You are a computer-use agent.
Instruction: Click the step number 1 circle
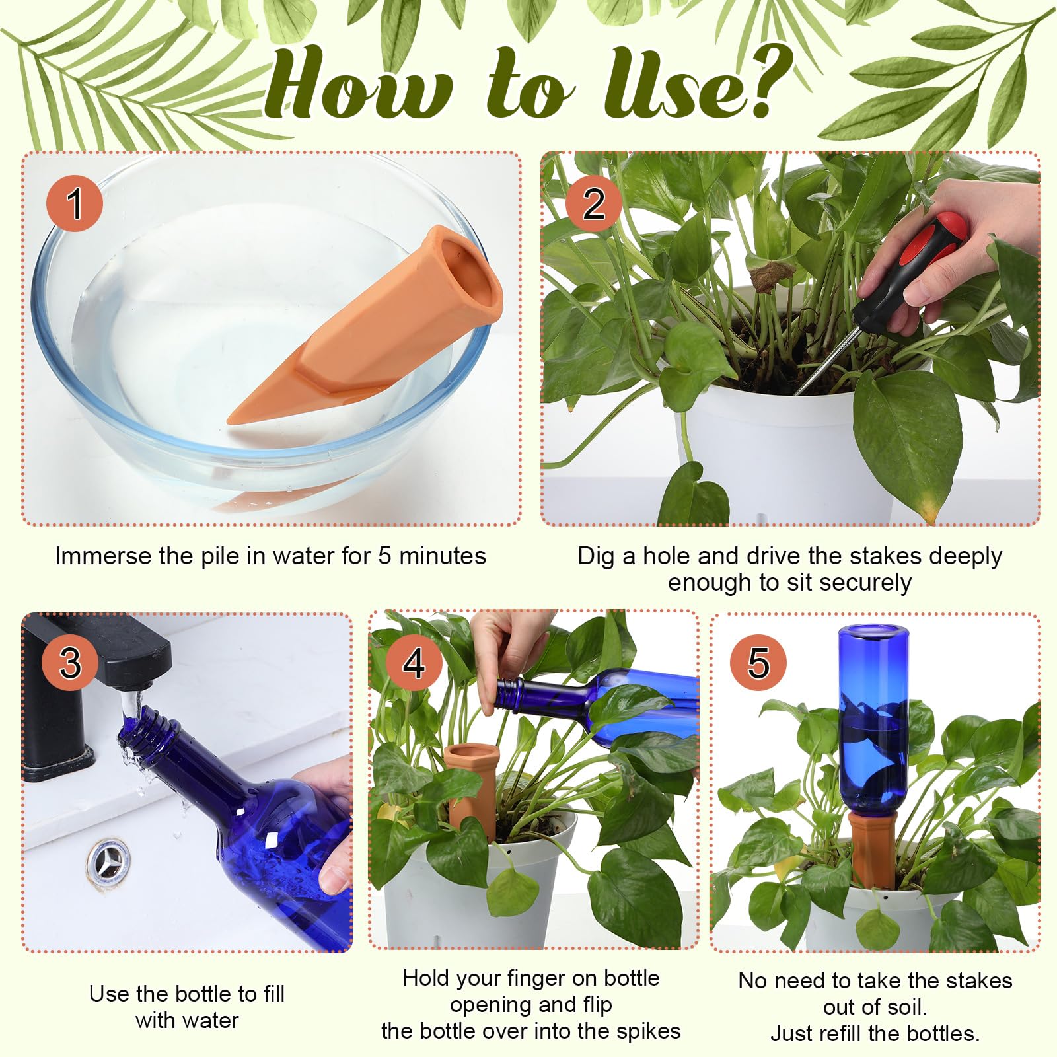click(75, 203)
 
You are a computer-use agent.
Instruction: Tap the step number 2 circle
click(593, 203)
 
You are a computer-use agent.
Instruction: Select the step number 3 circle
click(71, 663)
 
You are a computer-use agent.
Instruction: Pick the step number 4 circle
click(414, 663)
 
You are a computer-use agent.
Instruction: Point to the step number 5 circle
click(758, 663)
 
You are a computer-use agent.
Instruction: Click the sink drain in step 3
click(108, 863)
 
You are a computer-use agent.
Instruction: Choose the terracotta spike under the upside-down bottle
click(873, 849)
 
